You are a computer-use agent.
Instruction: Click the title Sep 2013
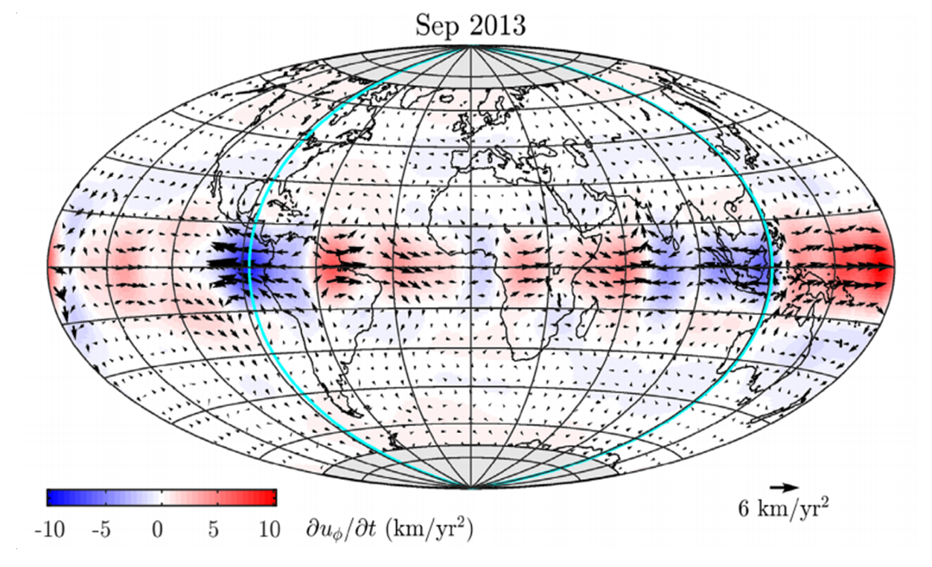pyautogui.click(x=470, y=26)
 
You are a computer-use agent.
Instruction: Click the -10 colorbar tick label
pyautogui.click(x=50, y=530)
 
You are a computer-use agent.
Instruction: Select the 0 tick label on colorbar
pyautogui.click(x=158, y=530)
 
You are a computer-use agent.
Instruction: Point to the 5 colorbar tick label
pyautogui.click(x=214, y=530)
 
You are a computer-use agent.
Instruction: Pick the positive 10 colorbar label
pyautogui.click(x=269, y=530)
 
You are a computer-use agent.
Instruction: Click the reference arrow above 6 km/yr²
pyautogui.click(x=784, y=487)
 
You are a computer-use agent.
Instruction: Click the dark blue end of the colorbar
pyautogui.click(x=52, y=497)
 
